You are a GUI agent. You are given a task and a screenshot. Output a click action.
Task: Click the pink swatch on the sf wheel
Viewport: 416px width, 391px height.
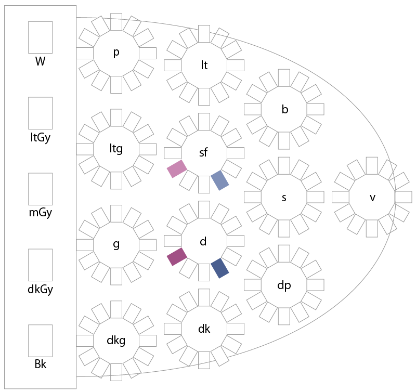point(177,168)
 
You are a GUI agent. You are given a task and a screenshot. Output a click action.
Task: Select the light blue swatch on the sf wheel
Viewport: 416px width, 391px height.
point(220,180)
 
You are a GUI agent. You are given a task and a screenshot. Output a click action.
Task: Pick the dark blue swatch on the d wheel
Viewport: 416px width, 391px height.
point(220,268)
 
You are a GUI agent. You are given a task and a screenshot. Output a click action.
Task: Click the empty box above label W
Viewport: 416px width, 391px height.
point(40,37)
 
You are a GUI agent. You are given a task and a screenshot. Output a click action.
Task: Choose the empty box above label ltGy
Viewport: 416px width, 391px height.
point(40,113)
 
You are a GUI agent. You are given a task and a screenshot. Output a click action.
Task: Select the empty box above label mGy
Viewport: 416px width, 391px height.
point(40,189)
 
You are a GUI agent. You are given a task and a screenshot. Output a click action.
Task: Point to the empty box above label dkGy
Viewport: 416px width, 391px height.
point(40,265)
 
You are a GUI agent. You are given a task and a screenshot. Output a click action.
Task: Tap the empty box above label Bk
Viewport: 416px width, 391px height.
point(40,341)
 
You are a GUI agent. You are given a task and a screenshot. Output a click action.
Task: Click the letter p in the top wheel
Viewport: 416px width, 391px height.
point(116,53)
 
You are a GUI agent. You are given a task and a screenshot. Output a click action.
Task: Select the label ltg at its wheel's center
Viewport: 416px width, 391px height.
point(116,149)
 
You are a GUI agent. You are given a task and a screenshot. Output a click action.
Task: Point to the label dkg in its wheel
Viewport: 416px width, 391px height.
point(116,341)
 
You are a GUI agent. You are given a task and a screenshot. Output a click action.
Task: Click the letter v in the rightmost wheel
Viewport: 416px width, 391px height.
point(372,198)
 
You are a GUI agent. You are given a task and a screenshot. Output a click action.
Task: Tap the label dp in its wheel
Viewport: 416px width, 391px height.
point(284,285)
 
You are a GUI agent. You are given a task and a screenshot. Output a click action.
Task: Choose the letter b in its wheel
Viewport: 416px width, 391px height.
point(284,109)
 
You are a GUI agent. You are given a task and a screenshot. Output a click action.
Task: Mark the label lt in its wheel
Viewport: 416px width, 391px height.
point(204,65)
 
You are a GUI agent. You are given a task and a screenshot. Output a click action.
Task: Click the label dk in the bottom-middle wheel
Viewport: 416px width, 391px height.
point(204,329)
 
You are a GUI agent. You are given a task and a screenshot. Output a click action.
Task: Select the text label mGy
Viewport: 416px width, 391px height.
point(40,213)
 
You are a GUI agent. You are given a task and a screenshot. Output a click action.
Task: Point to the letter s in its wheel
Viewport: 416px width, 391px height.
point(284,198)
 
